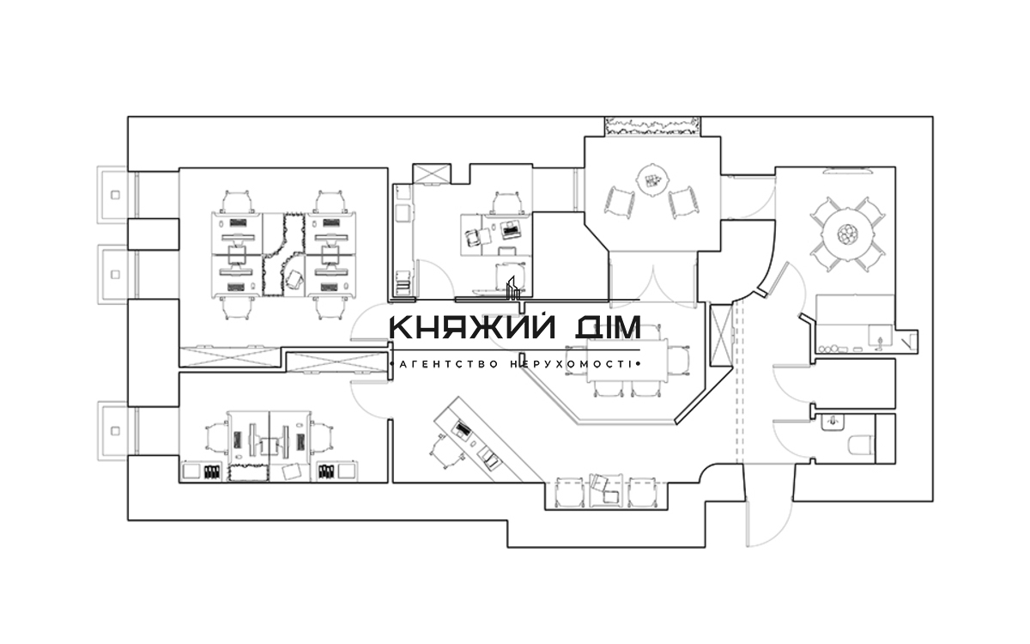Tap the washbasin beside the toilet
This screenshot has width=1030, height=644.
[831, 422]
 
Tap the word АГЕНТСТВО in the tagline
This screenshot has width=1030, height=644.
[448, 364]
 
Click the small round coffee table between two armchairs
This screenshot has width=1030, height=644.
[652, 180]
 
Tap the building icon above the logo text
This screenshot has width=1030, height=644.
[512, 289]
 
